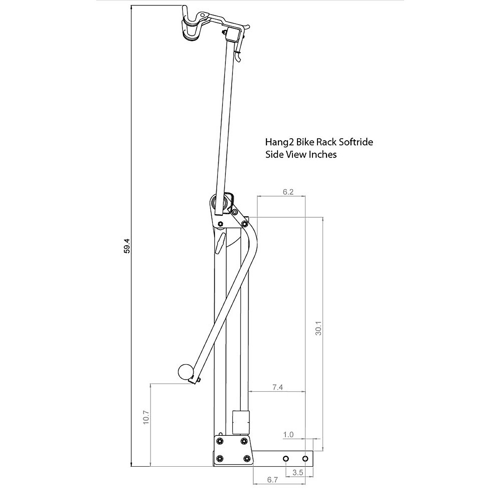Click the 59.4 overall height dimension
(127, 246)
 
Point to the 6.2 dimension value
(288, 192)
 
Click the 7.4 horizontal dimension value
(277, 387)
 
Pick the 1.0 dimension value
(288, 435)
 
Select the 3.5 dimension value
(298, 472)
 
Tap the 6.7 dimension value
(272, 492)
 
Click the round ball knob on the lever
(185, 372)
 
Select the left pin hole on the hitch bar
(285, 459)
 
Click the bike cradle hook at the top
(191, 25)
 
